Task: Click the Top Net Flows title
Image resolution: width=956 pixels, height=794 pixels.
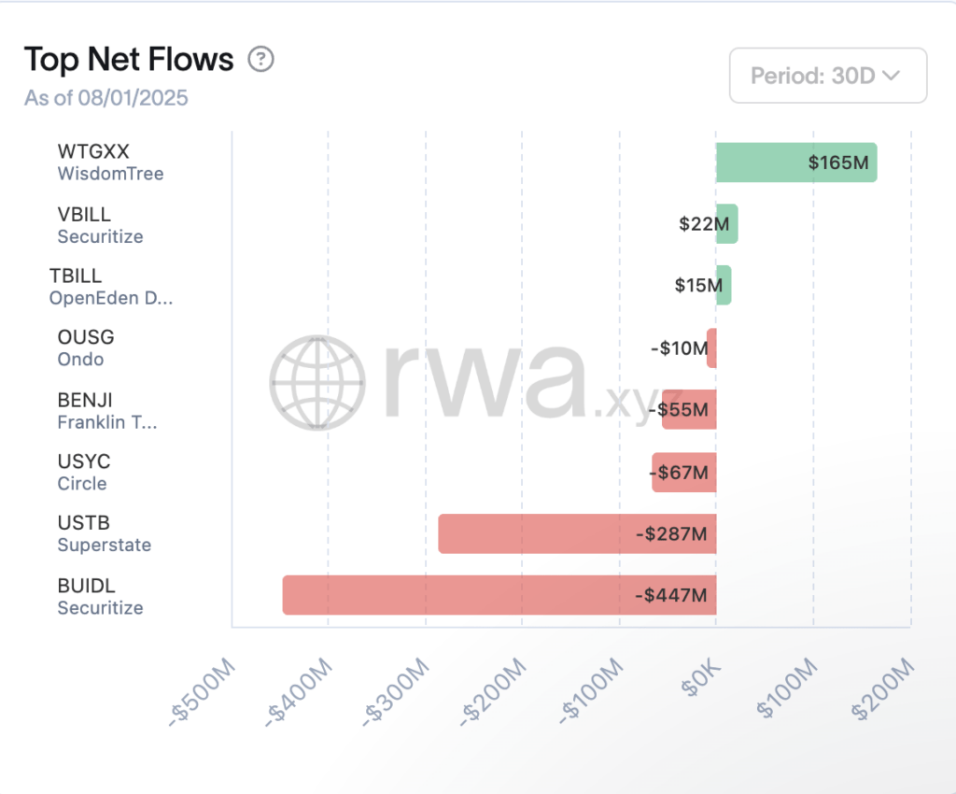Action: (129, 60)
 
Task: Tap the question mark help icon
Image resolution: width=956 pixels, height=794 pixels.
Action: (260, 60)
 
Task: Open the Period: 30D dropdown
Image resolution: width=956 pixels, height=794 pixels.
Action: (827, 76)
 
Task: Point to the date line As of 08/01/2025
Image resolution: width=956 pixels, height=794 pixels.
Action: (106, 98)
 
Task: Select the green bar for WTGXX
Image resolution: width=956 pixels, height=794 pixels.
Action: (796, 163)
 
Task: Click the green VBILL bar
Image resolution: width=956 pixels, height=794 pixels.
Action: (727, 224)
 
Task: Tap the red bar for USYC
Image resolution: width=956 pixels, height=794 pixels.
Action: (683, 472)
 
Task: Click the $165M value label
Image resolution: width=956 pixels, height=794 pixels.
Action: (838, 163)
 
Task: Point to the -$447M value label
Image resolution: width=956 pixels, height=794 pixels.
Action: (670, 595)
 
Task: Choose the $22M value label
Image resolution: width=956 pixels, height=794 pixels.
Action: (704, 224)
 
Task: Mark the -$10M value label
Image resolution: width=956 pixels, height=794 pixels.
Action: (679, 348)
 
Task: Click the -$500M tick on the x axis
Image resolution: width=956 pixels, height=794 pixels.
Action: (204, 691)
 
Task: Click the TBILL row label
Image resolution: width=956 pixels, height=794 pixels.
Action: (76, 276)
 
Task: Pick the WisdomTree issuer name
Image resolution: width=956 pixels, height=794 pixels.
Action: (110, 174)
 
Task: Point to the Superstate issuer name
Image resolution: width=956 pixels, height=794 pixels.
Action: (105, 545)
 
